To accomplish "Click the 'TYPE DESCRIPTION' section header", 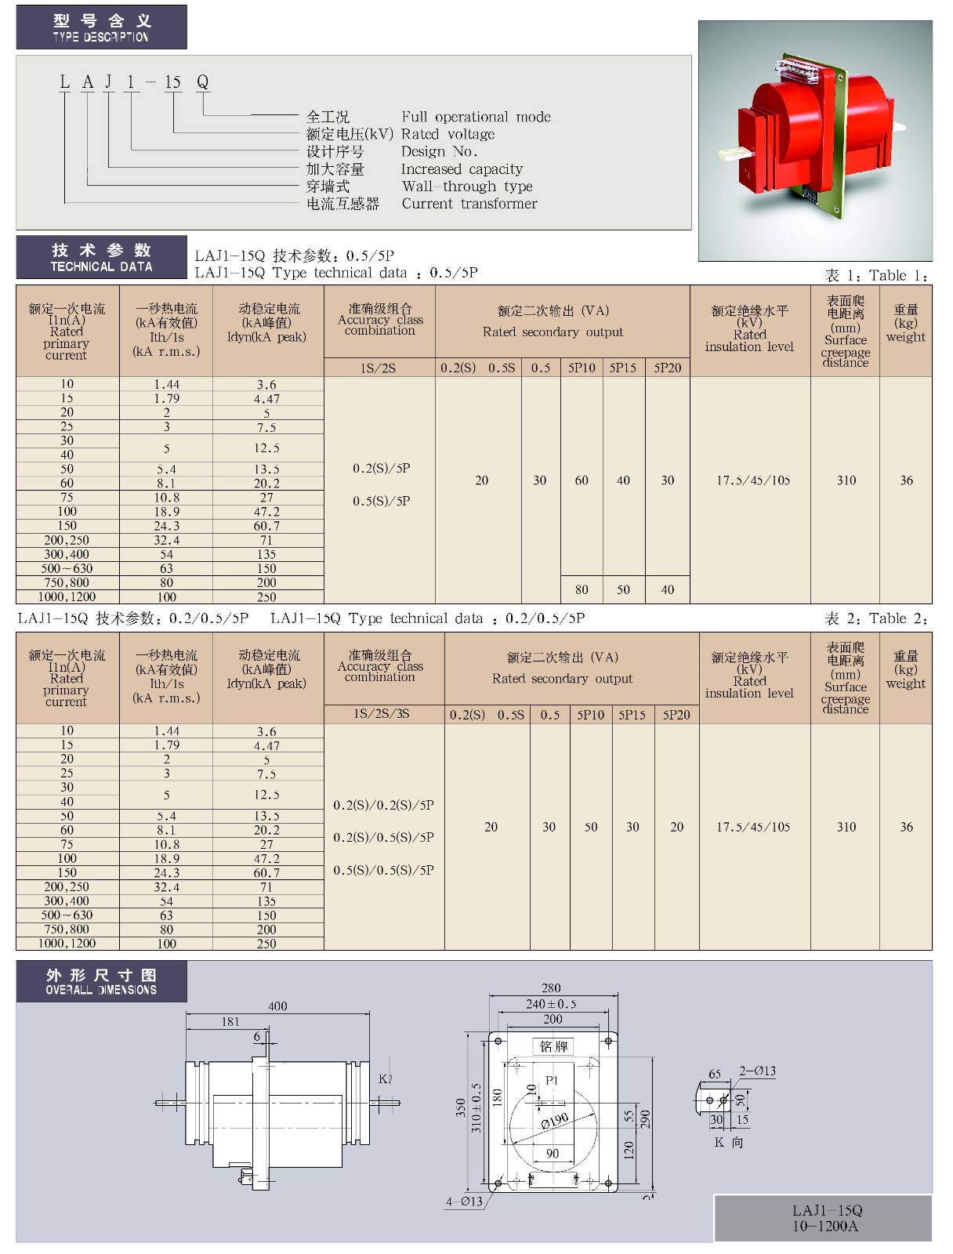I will coord(101,27).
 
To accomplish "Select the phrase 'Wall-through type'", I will coord(467,187).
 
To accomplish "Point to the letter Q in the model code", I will coord(202,82).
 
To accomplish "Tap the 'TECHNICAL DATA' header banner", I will coord(101,258).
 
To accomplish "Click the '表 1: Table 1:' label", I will coord(876,276).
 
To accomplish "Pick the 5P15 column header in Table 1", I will coord(623,368).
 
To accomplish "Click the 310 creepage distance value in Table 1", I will coord(846,480).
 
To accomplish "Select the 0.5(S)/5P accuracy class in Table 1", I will coord(382,501).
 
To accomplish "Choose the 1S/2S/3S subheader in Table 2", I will coord(382,714).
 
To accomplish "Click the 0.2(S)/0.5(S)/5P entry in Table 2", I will coord(383,837).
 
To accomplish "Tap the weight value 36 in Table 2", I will coord(906,827).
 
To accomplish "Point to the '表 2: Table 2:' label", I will coord(876,619).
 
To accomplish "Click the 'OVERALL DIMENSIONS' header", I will coord(101,982).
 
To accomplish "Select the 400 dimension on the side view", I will coord(277,1006).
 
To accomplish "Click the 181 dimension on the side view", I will coord(230,1021).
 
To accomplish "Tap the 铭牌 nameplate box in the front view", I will coord(553,1046).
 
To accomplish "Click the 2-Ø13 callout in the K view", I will coord(757,1071).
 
